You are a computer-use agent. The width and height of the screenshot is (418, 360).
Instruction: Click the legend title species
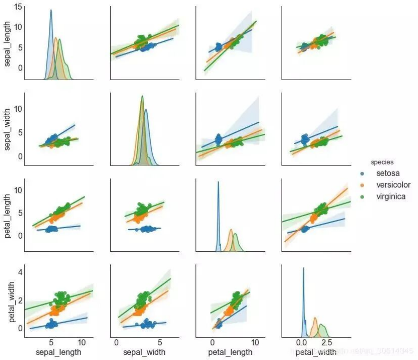click(382, 162)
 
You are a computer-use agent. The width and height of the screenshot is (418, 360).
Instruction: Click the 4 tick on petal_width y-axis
click(20, 272)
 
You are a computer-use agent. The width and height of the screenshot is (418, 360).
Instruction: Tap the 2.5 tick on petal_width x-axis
click(326, 343)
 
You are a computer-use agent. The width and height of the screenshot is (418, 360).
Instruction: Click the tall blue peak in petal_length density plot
click(218, 183)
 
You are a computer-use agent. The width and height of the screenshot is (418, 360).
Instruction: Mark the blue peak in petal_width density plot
click(303, 268)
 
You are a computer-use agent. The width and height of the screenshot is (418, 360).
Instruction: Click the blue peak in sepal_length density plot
click(51, 11)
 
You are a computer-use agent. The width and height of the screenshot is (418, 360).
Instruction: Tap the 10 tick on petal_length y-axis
click(18, 189)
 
